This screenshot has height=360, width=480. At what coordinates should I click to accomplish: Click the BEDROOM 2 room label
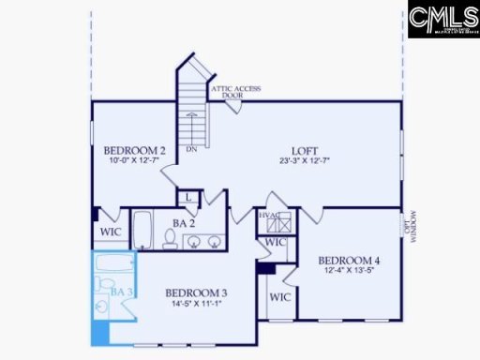tap(134, 150)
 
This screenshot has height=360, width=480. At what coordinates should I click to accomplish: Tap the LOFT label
tap(305, 150)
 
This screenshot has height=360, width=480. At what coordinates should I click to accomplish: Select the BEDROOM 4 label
tap(349, 260)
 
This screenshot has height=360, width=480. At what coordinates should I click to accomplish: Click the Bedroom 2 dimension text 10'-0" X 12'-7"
tap(134, 160)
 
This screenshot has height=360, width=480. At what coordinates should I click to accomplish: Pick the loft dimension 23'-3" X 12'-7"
tap(305, 160)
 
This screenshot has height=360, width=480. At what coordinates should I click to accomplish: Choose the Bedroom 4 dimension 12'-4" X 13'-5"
tap(349, 271)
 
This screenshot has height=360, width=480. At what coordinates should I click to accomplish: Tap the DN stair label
tap(191, 148)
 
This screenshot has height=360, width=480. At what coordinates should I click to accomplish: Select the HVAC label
tap(270, 216)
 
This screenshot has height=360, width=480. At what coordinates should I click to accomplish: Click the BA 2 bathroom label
tap(183, 223)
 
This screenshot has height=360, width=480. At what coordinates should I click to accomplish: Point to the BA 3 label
tap(120, 292)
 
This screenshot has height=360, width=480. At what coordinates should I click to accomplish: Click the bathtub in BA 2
tap(143, 230)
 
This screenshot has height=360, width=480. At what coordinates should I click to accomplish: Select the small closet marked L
tap(188, 198)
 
